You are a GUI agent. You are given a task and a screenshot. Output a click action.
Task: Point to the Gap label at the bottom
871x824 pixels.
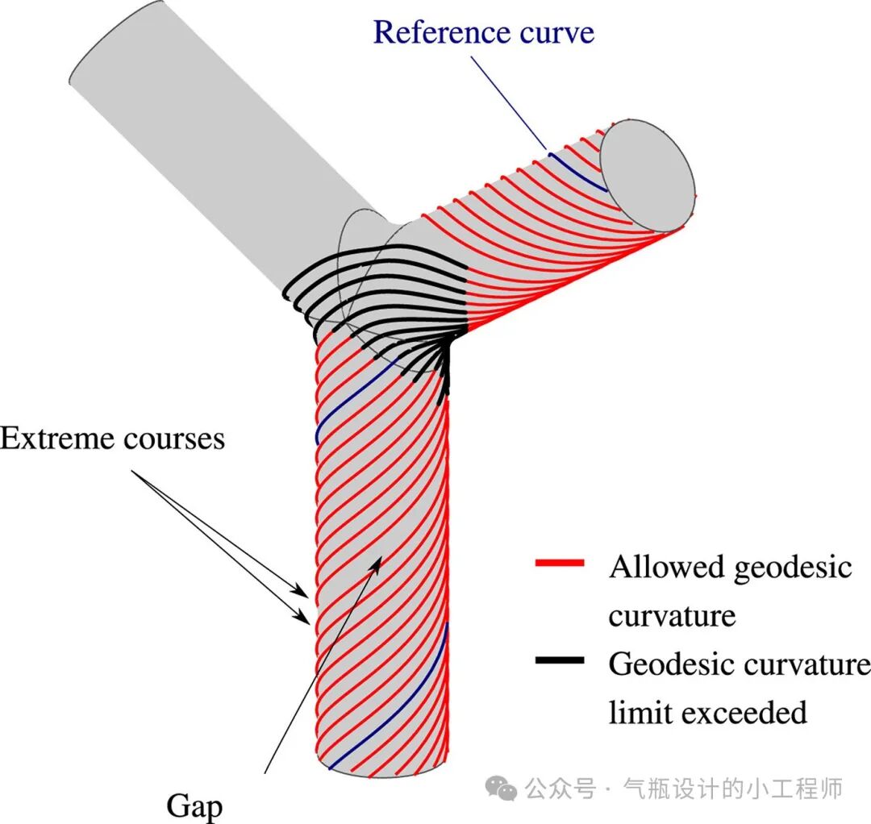click(194, 805)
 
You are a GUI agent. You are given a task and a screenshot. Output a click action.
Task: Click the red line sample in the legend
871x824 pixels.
click(559, 564)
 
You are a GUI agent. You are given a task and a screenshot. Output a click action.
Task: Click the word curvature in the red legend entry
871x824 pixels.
click(671, 617)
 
